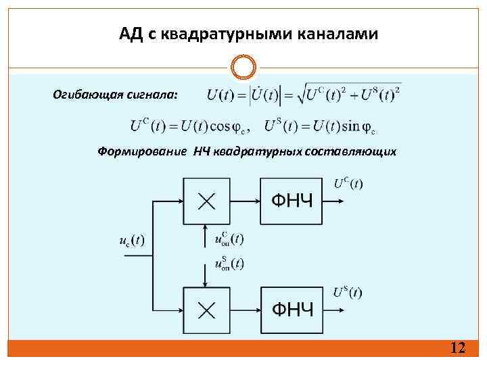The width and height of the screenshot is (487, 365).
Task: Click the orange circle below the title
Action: coord(243,68)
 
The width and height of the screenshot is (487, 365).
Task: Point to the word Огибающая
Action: coord(89,95)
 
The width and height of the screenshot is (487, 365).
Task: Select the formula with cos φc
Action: coord(191,126)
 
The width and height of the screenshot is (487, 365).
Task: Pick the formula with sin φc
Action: coord(321,126)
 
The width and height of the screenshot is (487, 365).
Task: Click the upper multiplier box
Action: coord(207,200)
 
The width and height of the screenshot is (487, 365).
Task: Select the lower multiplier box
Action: coord(207,309)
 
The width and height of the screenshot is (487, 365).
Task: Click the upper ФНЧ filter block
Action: coord(292,200)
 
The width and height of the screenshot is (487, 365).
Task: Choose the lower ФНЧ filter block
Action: coord(292,309)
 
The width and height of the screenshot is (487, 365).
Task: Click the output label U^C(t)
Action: coord(348,183)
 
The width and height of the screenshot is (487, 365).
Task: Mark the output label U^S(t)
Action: coord(348,292)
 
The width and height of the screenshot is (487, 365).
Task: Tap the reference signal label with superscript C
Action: coord(229,239)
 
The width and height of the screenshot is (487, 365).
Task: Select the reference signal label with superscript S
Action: coord(229,264)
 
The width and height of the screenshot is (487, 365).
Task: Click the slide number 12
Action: coord(458,348)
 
